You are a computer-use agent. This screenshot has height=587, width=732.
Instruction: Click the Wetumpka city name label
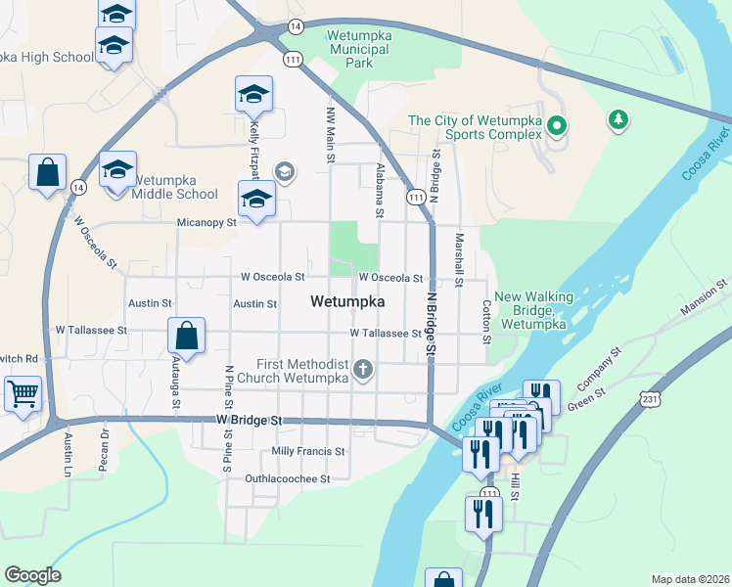[x=346, y=302]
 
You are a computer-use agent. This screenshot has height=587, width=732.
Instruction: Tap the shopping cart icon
[x=22, y=394]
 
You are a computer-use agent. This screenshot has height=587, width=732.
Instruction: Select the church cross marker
[x=363, y=369]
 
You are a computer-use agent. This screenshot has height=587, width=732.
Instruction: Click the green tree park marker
[x=618, y=120]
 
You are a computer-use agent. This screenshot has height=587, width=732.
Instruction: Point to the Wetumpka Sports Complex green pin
[x=557, y=125]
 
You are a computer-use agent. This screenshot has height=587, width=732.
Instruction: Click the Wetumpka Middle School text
[x=174, y=187]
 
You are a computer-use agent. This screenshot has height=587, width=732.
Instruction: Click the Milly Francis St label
[x=308, y=452]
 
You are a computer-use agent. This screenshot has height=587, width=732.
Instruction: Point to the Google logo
[x=32, y=575]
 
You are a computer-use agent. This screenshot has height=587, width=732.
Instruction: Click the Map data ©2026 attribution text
[x=690, y=579]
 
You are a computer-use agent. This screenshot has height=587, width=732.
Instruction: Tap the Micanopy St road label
[x=206, y=223]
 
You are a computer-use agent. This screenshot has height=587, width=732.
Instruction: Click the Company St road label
[x=601, y=364]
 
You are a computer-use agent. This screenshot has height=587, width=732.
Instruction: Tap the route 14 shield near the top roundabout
[x=296, y=25]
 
